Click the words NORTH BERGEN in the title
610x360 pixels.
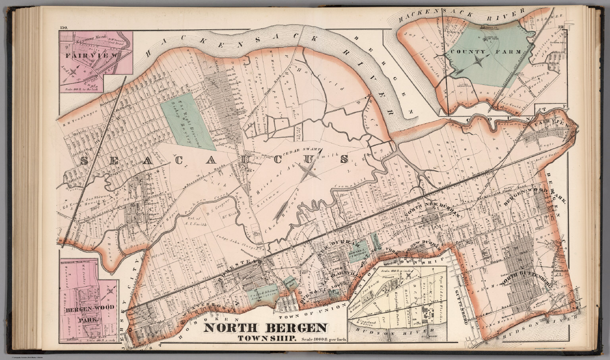pyautogui.click(x=266, y=328)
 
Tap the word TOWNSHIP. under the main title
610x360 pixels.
pyautogui.click(x=266, y=339)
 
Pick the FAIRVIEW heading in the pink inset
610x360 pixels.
pyautogui.click(x=92, y=56)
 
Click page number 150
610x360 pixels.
pyautogui.click(x=64, y=27)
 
